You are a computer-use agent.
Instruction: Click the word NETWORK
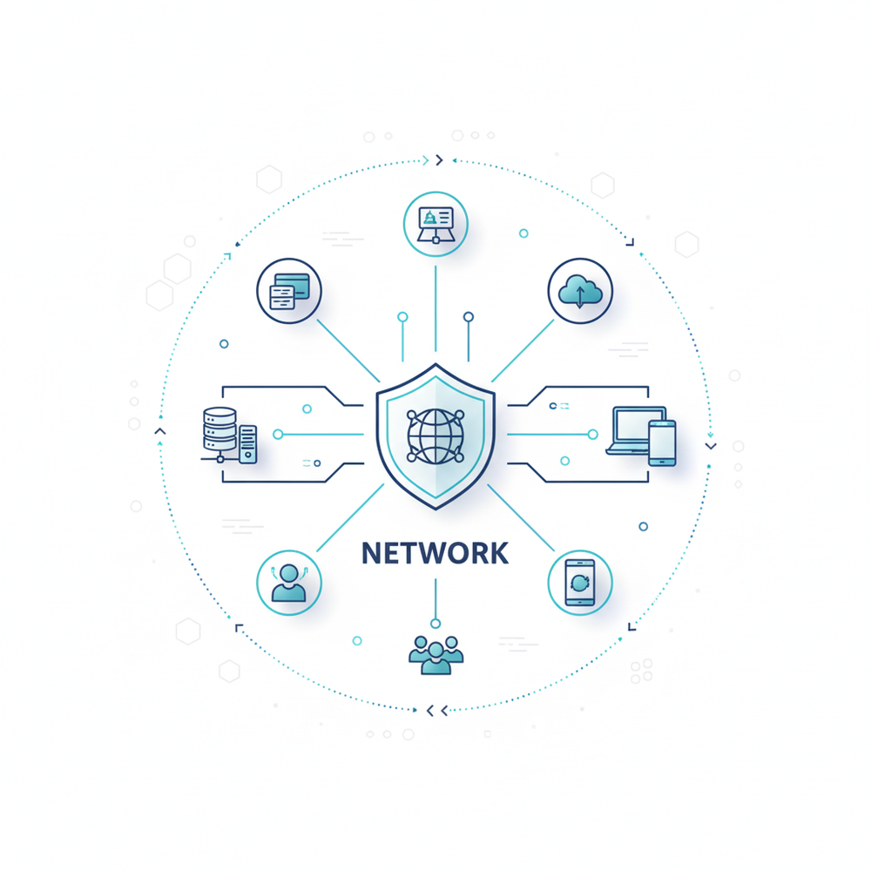pos(435,553)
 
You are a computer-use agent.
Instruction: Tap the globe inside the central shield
pos(435,436)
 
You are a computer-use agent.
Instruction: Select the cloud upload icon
pos(580,291)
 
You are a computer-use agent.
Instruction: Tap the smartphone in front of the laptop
pos(662,442)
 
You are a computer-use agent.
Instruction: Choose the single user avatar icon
pos(288,583)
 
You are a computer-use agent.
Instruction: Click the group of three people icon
pos(436,655)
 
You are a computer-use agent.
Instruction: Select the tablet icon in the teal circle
pos(580,583)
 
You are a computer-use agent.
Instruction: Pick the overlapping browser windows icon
pos(289,291)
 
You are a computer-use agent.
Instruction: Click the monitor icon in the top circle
pos(435,225)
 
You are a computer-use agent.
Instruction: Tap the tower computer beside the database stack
pos(247,444)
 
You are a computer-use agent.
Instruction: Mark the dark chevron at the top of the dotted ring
pos(439,160)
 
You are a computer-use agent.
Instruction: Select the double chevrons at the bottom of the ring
pos(437,711)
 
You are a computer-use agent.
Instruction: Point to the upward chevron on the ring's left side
pos(160,431)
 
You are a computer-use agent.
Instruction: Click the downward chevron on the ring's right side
pos(711,446)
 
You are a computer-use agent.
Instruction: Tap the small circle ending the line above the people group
pos(435,624)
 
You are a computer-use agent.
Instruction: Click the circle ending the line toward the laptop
pos(592,435)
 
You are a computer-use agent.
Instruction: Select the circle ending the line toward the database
pos(278,435)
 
